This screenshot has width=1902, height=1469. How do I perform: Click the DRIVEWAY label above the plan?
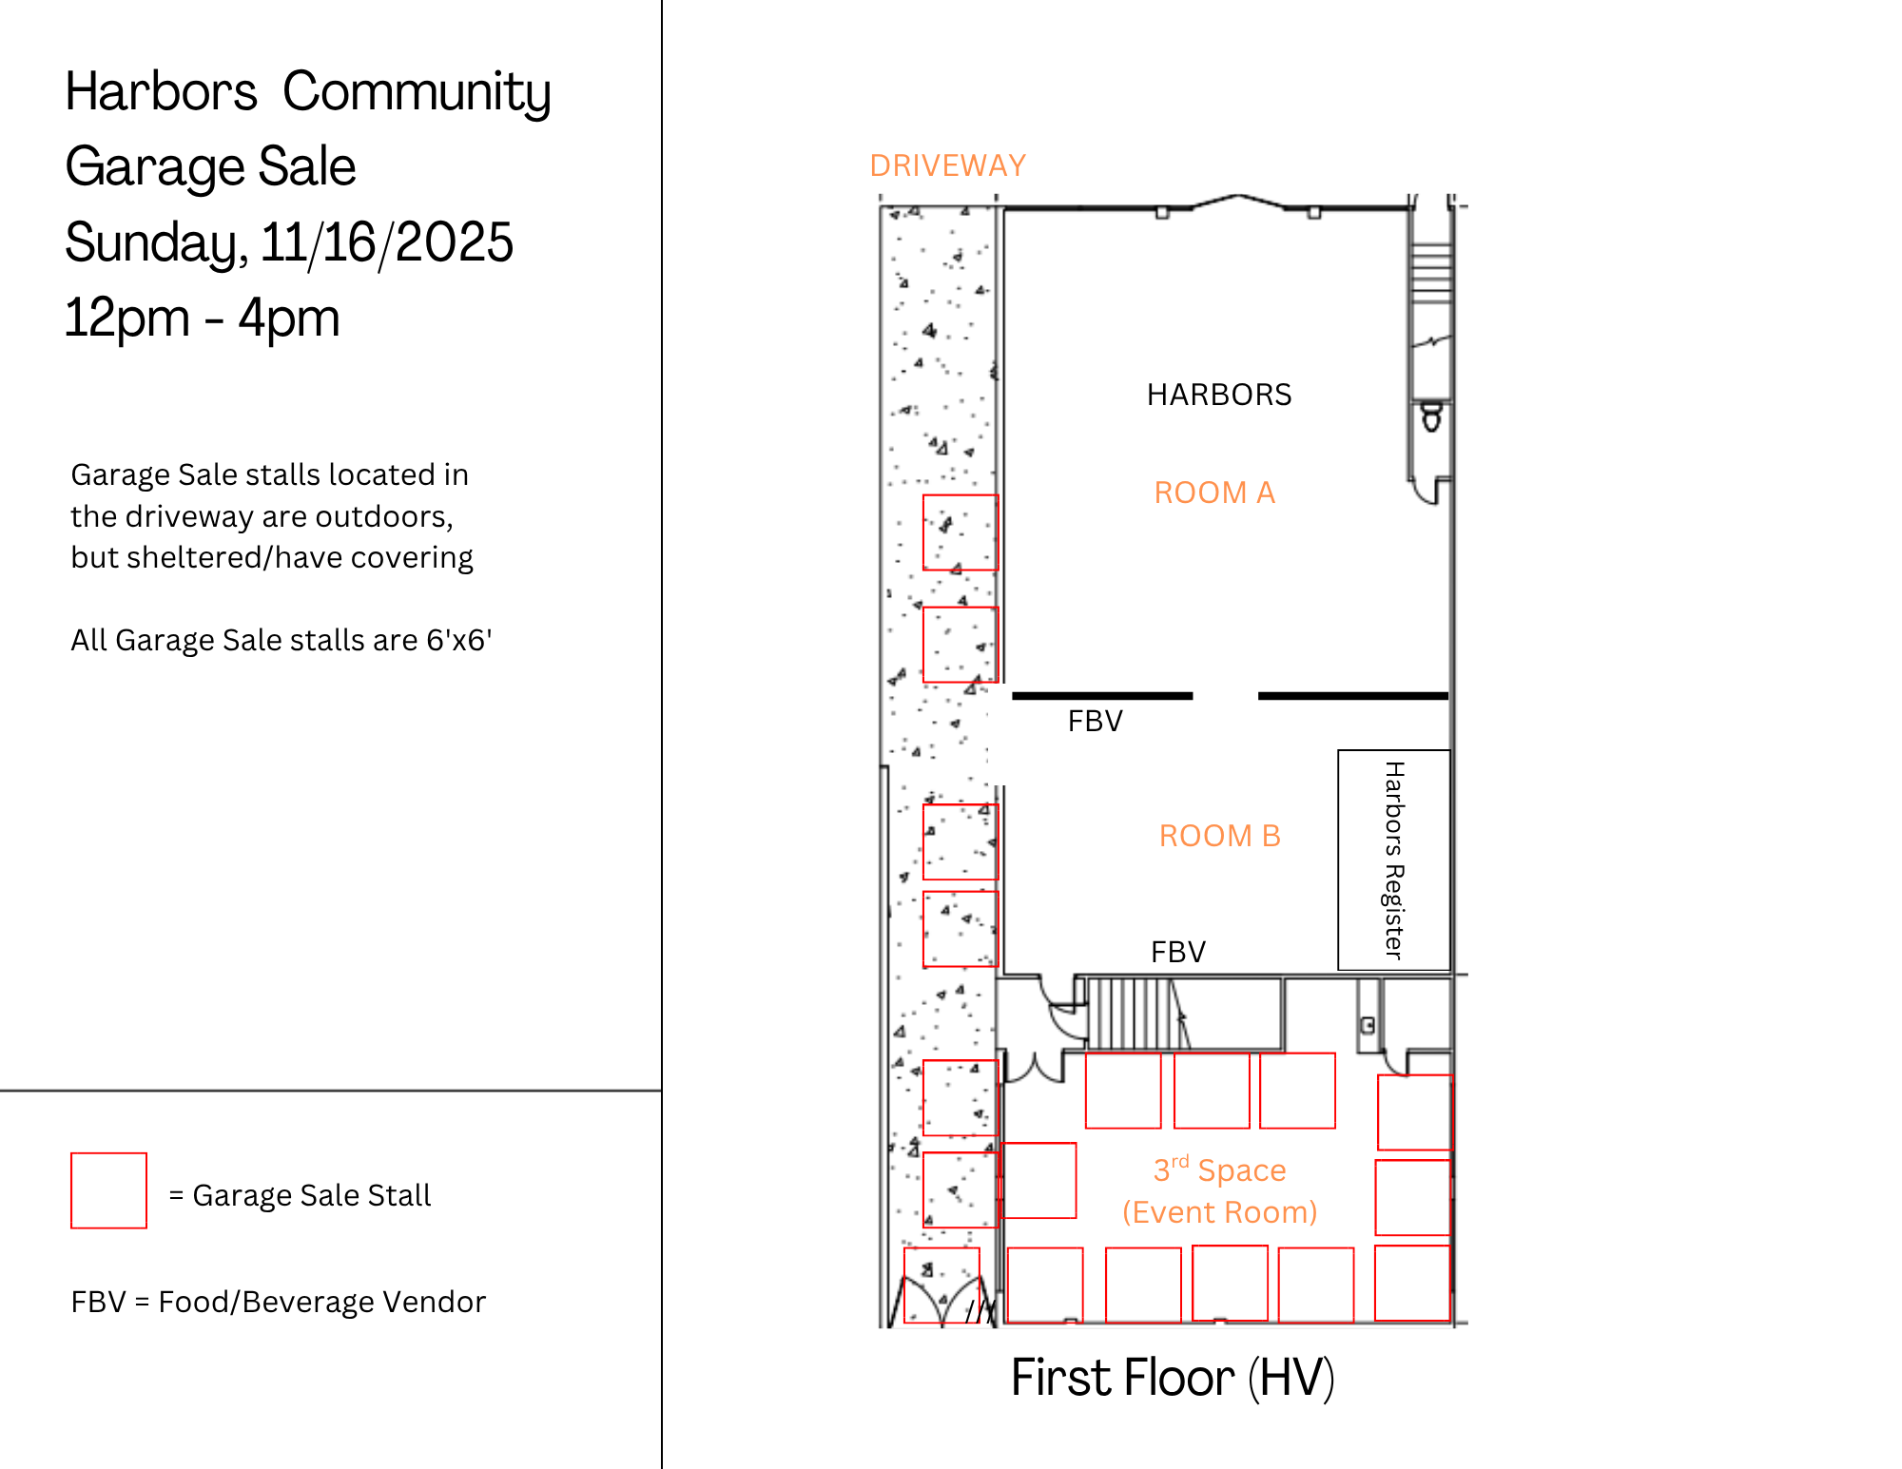[948, 165]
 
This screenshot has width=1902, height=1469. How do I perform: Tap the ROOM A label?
[1214, 493]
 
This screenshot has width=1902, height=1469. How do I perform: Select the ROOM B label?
[1220, 836]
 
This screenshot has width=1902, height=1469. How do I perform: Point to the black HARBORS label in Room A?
[1219, 395]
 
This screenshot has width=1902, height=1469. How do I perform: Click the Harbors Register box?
[1394, 860]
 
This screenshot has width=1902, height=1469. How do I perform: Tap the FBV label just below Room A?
[1095, 721]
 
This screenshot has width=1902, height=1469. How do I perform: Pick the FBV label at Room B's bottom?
[1178, 952]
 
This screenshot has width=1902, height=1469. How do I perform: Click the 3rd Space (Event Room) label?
[1220, 1190]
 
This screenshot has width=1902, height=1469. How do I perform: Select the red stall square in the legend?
[108, 1190]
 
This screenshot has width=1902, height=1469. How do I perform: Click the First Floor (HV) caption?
[1173, 1377]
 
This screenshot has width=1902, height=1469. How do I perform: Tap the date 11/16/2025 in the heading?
[387, 242]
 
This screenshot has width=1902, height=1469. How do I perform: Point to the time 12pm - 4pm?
[202, 318]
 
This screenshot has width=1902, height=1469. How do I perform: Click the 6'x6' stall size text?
[458, 639]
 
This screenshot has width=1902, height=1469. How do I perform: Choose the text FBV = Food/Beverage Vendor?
[278, 1302]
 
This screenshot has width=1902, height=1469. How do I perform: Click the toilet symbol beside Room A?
[1431, 416]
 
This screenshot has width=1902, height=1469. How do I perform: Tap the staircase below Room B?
[1137, 1014]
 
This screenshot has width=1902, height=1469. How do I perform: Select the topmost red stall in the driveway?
[961, 532]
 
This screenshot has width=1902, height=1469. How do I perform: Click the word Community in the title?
[417, 92]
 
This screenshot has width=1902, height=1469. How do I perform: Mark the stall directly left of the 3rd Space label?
[1039, 1180]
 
